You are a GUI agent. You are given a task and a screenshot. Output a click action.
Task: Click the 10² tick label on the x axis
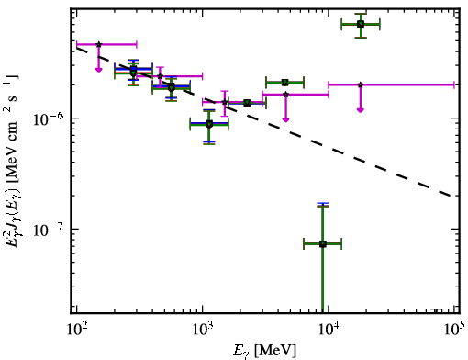(x=76, y=330)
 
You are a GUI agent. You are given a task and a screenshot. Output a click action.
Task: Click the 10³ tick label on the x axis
(x=202, y=330)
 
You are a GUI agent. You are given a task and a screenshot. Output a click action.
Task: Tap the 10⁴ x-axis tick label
(x=329, y=330)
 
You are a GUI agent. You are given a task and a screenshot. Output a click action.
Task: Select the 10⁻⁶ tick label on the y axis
(x=49, y=119)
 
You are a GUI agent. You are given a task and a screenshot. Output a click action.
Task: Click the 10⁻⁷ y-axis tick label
(x=49, y=231)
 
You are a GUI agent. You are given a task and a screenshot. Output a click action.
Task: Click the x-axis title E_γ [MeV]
(x=265, y=351)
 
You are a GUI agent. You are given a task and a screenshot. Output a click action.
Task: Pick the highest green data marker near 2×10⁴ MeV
(x=361, y=24)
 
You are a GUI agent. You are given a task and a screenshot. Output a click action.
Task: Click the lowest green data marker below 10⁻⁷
(x=322, y=244)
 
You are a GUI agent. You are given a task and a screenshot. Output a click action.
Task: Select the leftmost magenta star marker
(x=98, y=44)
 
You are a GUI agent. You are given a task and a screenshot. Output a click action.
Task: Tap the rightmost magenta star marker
(x=361, y=84)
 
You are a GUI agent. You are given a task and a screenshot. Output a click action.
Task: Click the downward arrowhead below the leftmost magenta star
(x=98, y=70)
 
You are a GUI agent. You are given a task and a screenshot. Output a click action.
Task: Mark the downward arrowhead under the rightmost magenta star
(x=361, y=110)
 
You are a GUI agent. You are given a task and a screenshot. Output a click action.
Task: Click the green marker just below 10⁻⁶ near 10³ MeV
(x=209, y=124)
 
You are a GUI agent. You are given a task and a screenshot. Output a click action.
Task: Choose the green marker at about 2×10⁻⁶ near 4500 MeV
(x=284, y=83)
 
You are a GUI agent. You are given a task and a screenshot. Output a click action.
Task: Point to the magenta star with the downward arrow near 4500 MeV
(x=285, y=95)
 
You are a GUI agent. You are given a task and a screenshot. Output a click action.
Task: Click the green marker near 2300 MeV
(x=247, y=103)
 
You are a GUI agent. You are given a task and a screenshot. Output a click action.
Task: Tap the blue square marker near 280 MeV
(x=133, y=69)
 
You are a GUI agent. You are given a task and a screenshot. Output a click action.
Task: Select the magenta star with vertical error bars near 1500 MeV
(x=225, y=102)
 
